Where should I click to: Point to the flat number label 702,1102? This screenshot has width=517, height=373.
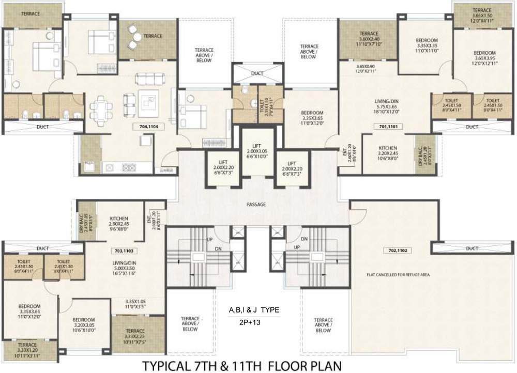click(x=395, y=251)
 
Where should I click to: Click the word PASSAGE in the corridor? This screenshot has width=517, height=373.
click(x=256, y=205)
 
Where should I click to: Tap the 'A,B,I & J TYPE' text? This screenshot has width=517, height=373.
click(x=254, y=310)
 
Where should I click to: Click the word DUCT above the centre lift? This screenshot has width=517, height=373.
click(x=257, y=74)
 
